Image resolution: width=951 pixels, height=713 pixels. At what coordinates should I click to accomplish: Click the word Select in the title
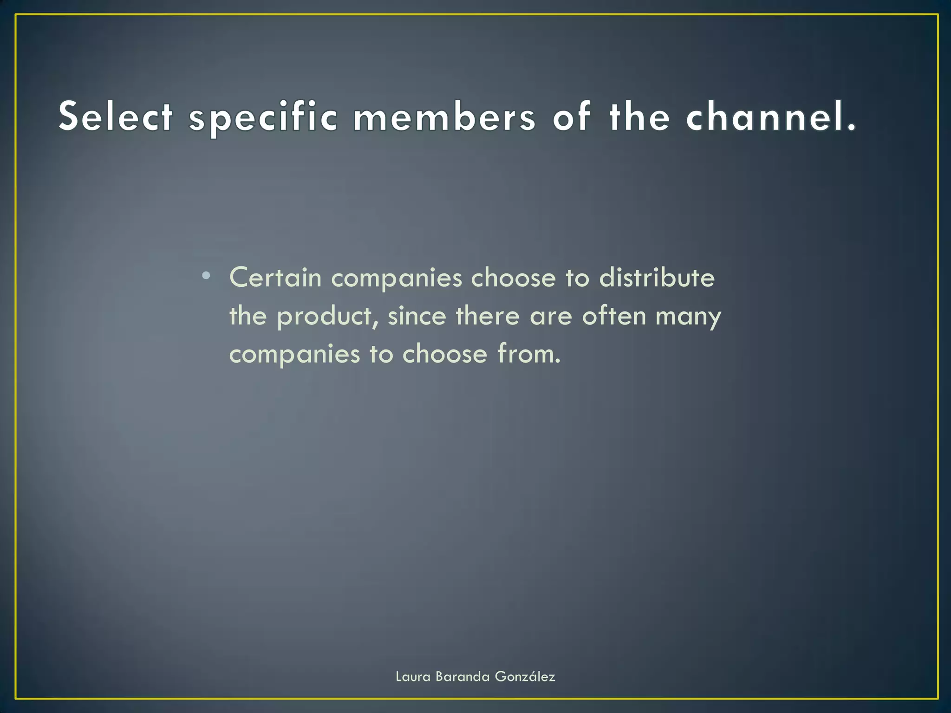pyautogui.click(x=116, y=117)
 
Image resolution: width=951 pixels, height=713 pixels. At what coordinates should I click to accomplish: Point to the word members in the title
pyautogui.click(x=444, y=117)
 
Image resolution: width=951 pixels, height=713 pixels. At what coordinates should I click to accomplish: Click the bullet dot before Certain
pyautogui.click(x=206, y=277)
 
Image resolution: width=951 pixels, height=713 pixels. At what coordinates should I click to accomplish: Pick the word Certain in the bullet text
pyautogui.click(x=275, y=278)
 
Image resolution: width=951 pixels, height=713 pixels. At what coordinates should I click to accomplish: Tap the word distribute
pyautogui.click(x=657, y=278)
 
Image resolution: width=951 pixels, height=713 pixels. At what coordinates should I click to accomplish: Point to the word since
pyautogui.click(x=417, y=316)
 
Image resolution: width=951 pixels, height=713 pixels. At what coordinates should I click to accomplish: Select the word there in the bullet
pyautogui.click(x=488, y=316)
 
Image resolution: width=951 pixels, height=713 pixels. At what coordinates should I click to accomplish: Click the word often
pyautogui.click(x=614, y=316)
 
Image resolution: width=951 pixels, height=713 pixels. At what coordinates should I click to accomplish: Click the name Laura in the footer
pyautogui.click(x=413, y=677)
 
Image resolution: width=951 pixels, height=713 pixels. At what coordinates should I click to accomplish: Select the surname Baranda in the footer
pyautogui.click(x=462, y=677)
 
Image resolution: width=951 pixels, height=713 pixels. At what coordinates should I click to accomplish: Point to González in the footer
pyautogui.click(x=525, y=677)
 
